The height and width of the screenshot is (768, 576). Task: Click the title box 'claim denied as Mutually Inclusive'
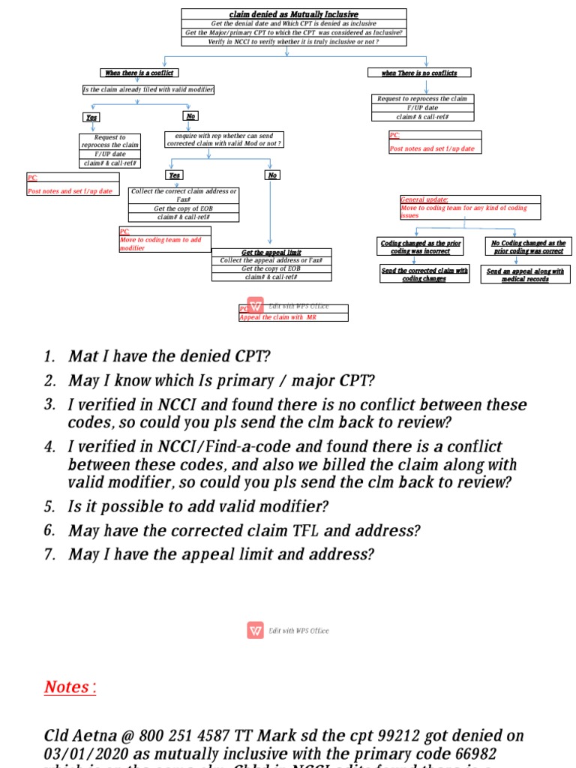294,14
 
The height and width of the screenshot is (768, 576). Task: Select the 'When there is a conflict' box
139,73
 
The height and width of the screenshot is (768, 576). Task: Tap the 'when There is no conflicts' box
419,73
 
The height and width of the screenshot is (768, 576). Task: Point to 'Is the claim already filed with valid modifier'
148,90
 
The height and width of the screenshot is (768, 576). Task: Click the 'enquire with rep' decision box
223,139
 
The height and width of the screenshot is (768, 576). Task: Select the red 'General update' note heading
424,200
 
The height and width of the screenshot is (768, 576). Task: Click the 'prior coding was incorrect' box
421,247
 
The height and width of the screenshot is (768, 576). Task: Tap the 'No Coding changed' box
529,247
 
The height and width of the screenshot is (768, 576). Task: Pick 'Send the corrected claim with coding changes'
424,274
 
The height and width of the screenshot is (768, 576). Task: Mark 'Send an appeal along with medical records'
525,274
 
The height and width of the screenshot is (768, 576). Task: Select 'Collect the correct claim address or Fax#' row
184,195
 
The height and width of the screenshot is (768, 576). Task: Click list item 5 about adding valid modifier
199,507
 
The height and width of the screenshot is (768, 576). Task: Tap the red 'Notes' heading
70,687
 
